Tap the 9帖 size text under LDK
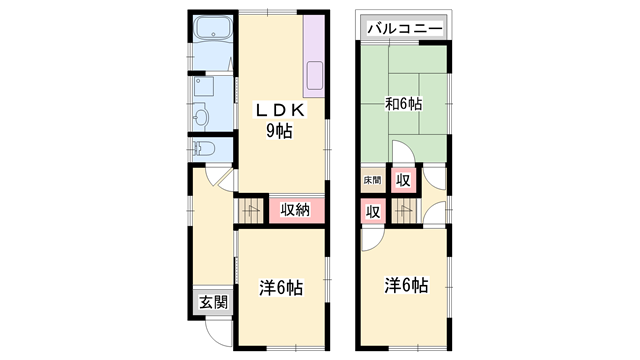point(279,131)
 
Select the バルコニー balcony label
point(404,29)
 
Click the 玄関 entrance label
point(211,302)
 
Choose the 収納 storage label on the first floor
point(295,210)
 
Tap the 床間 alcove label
point(371,180)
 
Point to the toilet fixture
point(205,149)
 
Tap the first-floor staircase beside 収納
point(250,209)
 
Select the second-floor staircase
point(405,211)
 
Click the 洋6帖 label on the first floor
point(281,288)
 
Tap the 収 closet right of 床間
point(402,180)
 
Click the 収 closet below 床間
point(371,211)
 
